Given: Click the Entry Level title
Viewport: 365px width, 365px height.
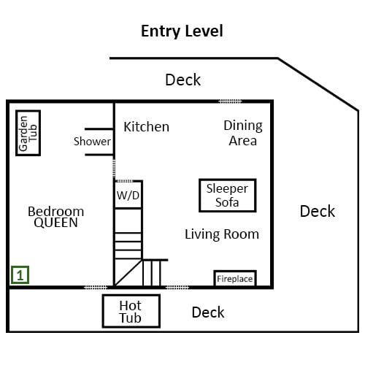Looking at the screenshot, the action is [182, 31].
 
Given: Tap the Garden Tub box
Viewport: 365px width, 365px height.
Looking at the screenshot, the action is [28, 133].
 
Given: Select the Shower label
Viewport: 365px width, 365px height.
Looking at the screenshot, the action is [92, 142].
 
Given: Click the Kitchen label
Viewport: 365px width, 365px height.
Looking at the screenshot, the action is [146, 127].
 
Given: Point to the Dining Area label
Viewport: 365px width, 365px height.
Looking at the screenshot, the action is [243, 133].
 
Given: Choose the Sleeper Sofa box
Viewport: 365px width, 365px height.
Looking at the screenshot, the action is [228, 196].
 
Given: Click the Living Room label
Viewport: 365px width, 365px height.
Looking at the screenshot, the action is [222, 234].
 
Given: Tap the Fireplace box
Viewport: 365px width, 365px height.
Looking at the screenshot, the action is [235, 278].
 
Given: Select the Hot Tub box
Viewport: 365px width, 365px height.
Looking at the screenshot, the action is [131, 311].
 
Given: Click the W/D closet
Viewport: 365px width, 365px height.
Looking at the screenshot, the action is [128, 195].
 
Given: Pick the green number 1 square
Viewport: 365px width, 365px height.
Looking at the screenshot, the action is [20, 275].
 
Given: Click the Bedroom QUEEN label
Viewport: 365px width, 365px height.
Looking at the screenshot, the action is [55, 217].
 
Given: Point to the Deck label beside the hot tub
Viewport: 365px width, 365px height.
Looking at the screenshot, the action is [208, 312].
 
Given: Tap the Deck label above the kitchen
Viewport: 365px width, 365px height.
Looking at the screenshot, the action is [183, 80].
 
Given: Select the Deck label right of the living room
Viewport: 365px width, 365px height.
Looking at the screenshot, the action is [318, 211].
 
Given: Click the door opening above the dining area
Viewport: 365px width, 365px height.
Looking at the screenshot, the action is [230, 101].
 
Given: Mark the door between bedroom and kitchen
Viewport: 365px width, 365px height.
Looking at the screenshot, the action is [114, 168].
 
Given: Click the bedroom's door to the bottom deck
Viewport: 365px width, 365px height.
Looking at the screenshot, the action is [96, 288].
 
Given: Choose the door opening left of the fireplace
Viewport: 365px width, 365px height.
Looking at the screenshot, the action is [177, 288].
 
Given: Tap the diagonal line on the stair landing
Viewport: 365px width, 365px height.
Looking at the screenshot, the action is [128, 272].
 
